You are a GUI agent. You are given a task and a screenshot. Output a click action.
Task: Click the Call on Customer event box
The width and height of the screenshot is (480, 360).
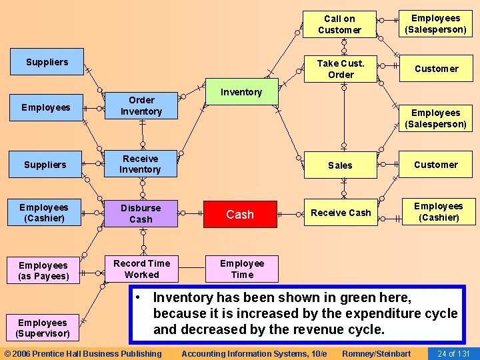click(x=339, y=25)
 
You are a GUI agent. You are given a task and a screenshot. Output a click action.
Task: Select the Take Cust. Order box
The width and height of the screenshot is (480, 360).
click(x=340, y=69)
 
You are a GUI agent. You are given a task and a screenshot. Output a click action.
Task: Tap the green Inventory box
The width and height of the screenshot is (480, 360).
click(x=241, y=92)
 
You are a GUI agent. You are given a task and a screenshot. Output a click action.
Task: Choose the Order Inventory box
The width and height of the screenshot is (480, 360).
click(x=141, y=106)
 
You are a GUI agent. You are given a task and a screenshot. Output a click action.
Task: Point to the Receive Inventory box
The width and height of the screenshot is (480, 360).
click(x=140, y=164)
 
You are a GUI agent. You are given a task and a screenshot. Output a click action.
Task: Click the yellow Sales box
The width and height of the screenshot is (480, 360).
click(x=340, y=165)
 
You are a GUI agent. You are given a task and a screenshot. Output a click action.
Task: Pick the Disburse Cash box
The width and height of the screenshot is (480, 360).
click(x=141, y=213)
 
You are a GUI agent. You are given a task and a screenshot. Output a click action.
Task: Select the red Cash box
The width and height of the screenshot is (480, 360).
click(x=240, y=214)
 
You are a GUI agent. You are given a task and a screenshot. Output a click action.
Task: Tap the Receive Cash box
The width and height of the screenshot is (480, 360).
click(x=341, y=213)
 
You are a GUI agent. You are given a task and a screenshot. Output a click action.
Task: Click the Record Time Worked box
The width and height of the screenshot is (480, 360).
click(x=141, y=269)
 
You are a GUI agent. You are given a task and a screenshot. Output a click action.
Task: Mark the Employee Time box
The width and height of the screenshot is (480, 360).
click(x=241, y=269)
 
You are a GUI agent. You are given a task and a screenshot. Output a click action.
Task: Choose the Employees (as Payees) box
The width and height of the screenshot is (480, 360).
click(x=43, y=271)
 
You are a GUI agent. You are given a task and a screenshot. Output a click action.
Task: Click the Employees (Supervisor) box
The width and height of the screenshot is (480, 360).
click(x=43, y=328)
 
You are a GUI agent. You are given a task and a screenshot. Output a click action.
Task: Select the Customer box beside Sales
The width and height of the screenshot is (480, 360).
click(x=436, y=165)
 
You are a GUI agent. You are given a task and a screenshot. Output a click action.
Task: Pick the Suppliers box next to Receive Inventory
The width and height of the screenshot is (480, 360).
click(x=45, y=165)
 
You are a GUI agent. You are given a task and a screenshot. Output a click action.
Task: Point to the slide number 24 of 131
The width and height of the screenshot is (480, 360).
click(x=453, y=353)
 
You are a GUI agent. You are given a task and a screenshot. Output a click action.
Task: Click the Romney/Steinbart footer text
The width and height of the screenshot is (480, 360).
click(x=376, y=353)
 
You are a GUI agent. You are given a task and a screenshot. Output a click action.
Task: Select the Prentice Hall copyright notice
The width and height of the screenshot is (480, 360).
click(x=83, y=353)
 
